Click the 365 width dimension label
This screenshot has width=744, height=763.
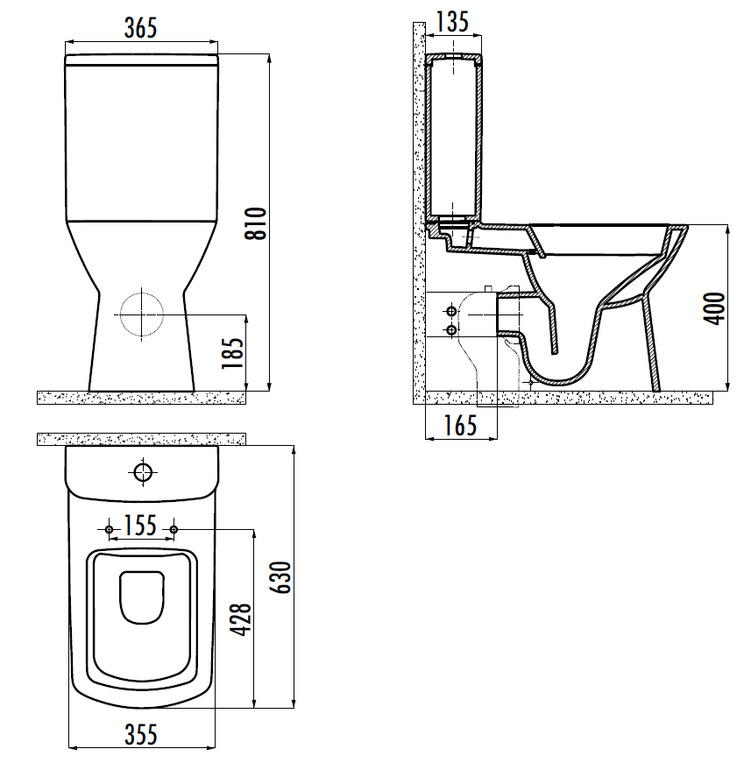(141, 28)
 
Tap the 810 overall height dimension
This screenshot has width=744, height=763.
(256, 223)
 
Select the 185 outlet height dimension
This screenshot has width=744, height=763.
(233, 353)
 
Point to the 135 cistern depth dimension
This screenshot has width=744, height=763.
(452, 22)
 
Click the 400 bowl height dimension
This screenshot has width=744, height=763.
(714, 308)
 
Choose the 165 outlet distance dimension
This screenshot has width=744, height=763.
(460, 426)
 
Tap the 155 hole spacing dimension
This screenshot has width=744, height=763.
(141, 526)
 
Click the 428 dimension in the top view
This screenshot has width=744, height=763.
(240, 619)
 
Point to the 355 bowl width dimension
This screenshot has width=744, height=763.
(141, 735)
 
